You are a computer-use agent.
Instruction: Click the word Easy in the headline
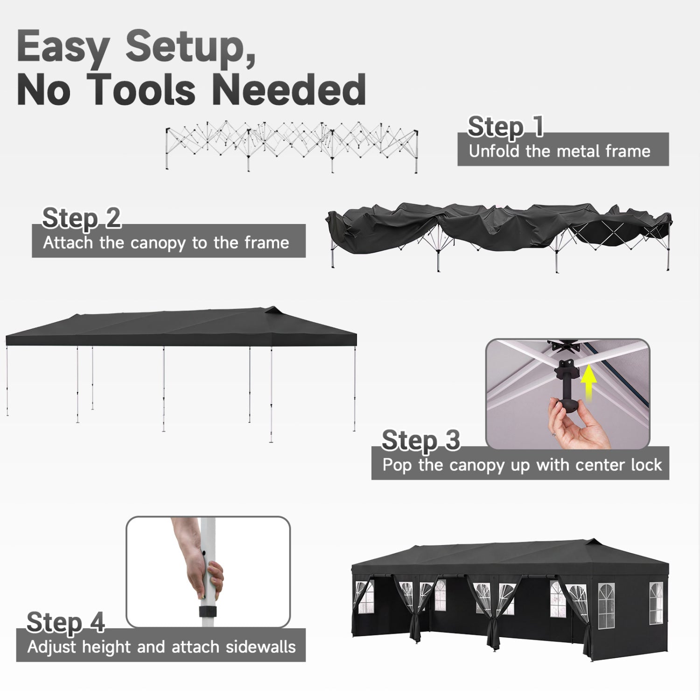pyautogui.click(x=63, y=48)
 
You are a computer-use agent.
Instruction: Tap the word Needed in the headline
pyautogui.click(x=289, y=90)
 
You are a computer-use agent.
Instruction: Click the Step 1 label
pyautogui.click(x=505, y=126)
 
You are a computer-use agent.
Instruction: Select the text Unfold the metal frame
pyautogui.click(x=560, y=151)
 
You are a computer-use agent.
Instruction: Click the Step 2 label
pyautogui.click(x=81, y=218)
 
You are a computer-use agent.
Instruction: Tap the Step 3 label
pyautogui.click(x=421, y=440)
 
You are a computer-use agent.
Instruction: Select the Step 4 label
pyautogui.click(x=65, y=622)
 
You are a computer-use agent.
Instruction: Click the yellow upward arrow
pyautogui.click(x=589, y=380)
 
